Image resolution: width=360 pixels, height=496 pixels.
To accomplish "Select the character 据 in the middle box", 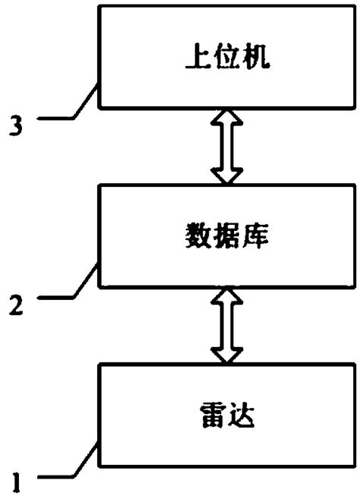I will click(226, 235).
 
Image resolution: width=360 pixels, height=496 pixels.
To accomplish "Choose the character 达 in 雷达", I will click(242, 415).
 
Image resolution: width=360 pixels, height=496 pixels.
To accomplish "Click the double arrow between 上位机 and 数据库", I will click(226, 146).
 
